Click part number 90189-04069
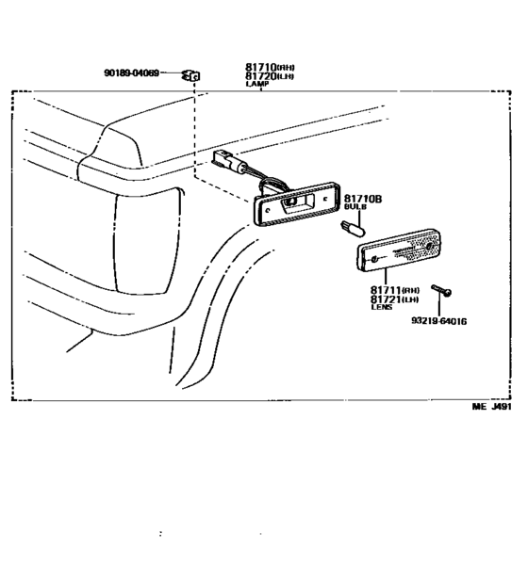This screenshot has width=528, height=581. click(x=131, y=72)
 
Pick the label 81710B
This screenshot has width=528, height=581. click(x=362, y=200)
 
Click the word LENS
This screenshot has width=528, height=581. click(x=381, y=310)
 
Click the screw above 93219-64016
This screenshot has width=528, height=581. click(x=439, y=290)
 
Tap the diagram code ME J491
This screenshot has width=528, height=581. click(x=491, y=409)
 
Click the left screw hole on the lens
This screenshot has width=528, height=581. click(x=377, y=258)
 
